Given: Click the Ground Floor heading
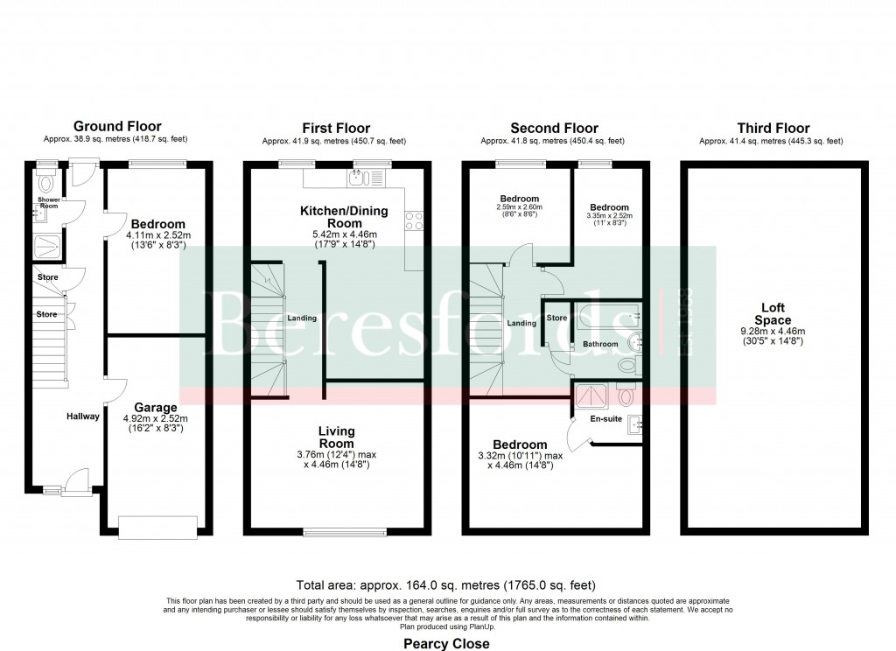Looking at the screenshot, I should (x=117, y=127).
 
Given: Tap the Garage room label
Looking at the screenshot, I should (x=156, y=408).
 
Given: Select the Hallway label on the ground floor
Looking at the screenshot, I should (x=83, y=416).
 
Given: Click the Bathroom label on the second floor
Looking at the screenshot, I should (x=600, y=345).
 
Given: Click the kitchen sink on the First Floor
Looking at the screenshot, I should (x=358, y=179).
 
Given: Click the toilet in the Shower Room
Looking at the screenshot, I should (x=46, y=185).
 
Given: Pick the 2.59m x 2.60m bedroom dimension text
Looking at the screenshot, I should (x=520, y=207).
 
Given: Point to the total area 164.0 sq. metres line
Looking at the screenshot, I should (x=447, y=584).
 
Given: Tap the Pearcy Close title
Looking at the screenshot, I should (x=446, y=643).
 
